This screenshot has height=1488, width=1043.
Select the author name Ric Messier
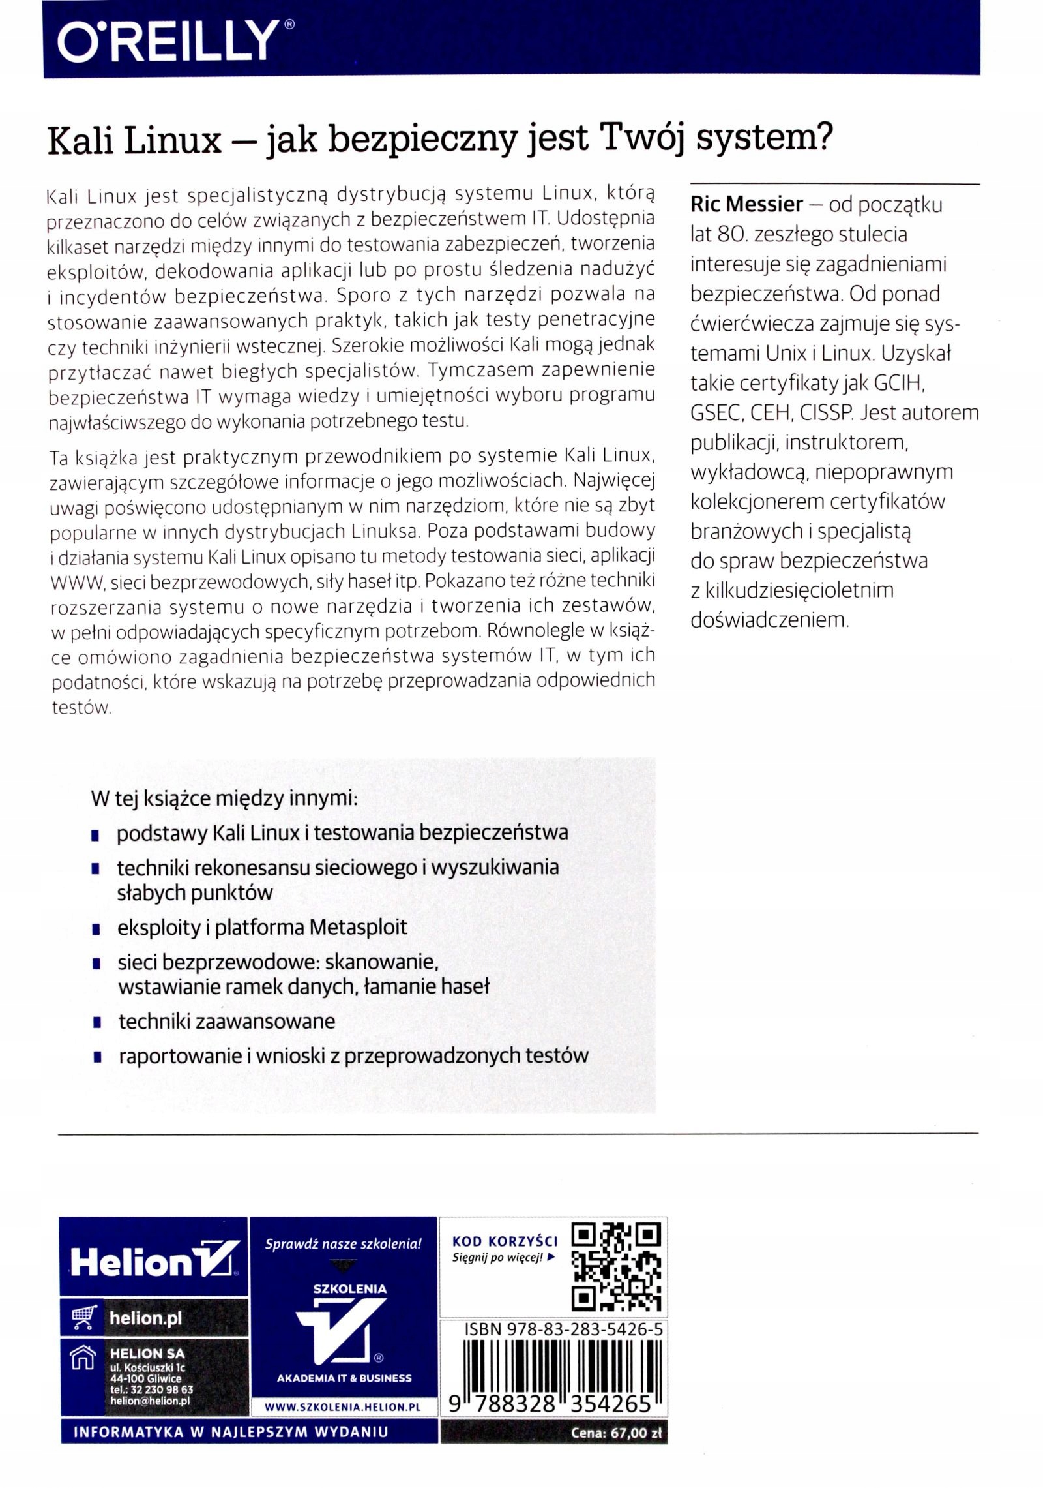coord(746,205)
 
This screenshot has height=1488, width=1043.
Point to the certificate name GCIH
coord(900,384)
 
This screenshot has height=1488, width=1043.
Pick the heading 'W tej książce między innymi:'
coord(225,799)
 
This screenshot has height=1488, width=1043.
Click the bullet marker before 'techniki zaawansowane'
coord(96,1022)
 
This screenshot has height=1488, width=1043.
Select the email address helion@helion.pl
coord(150,1400)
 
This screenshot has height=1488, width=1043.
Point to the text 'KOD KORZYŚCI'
coord(505,1241)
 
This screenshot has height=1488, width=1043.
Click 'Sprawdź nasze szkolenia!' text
coord(344,1244)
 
